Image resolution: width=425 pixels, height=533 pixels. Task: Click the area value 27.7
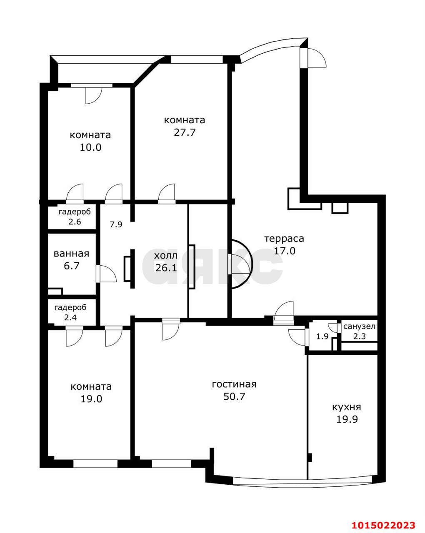point(185,132)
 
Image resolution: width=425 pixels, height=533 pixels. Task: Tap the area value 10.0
point(90,147)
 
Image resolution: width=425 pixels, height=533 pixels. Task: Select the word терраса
point(284,239)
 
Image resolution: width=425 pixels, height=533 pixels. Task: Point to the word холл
point(166,255)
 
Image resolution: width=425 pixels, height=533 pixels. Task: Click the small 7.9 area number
point(116,224)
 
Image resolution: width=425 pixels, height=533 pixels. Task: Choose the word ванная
point(71,254)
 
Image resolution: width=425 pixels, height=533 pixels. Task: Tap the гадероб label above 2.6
point(75,212)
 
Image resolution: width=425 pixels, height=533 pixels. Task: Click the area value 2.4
point(70,317)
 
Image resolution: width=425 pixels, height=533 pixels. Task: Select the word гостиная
point(234,384)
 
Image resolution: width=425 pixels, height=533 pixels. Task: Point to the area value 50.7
point(234,396)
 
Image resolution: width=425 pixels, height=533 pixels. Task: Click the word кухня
point(346,407)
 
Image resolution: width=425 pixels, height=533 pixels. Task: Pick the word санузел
point(359,326)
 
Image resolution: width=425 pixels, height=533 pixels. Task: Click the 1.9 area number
point(322,336)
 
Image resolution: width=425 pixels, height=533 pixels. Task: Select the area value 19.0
point(91,399)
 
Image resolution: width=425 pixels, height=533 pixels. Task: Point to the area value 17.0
point(285,251)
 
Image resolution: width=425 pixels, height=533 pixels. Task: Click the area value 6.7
point(71,266)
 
